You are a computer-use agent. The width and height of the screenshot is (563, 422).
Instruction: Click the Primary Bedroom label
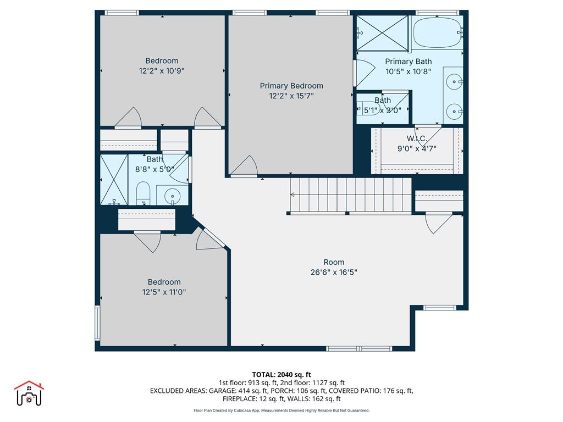pyautogui.click(x=291, y=86)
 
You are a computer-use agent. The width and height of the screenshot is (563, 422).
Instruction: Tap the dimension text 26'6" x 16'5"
pyautogui.click(x=334, y=272)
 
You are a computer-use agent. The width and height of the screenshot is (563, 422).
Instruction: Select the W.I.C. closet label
pyautogui.click(x=417, y=138)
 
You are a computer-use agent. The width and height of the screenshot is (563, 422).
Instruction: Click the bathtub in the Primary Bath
pyautogui.click(x=438, y=32)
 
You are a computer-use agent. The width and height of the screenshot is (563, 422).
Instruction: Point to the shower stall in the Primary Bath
pyautogui.click(x=382, y=33)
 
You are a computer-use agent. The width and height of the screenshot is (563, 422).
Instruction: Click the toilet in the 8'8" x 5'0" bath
pyautogui.click(x=143, y=193)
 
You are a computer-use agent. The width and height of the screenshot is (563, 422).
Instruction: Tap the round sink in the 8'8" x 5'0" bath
pyautogui.click(x=173, y=195)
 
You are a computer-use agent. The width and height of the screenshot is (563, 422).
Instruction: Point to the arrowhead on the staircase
pyautogui.click(x=292, y=195)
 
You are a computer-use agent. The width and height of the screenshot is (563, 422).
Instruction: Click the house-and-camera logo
pyautogui.click(x=29, y=393)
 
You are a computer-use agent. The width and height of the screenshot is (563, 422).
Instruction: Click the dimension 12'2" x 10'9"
pyautogui.click(x=162, y=71)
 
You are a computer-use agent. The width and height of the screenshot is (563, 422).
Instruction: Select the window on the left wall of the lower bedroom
pyautogui.click(x=97, y=323)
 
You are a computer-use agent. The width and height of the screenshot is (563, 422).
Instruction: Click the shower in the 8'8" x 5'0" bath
pyautogui.click(x=113, y=180)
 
